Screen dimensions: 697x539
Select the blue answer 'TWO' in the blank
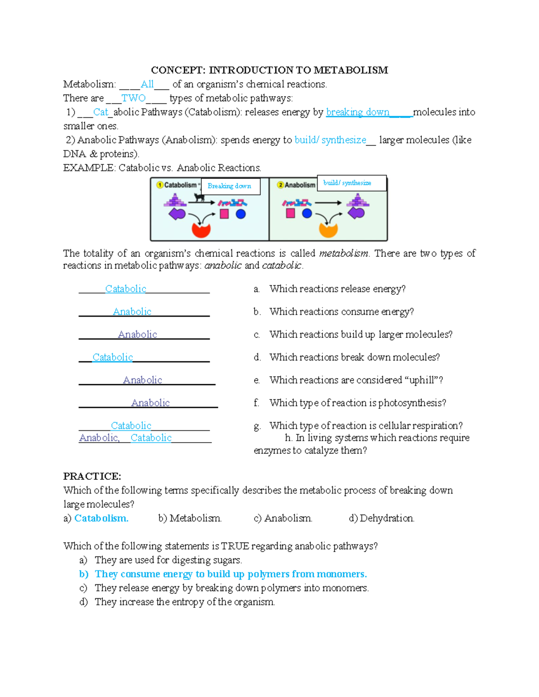pos(133,98)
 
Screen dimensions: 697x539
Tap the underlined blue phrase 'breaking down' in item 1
pos(358,112)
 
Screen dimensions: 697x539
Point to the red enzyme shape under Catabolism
pos(201,230)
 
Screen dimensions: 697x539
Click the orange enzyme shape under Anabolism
pos(328,230)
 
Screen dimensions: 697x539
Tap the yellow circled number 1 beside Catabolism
pos(159,185)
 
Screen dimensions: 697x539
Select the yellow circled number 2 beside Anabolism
pos(280,185)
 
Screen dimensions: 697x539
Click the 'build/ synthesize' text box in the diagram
pos(351,183)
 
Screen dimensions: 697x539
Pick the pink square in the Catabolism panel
pos(224,214)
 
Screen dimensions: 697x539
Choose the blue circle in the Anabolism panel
pos(307,214)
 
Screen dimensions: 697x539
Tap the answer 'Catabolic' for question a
pos(125,289)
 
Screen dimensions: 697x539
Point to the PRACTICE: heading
pos(92,476)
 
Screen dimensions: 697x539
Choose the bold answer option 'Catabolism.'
pos(101,518)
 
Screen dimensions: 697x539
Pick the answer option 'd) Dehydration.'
pos(381,518)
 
